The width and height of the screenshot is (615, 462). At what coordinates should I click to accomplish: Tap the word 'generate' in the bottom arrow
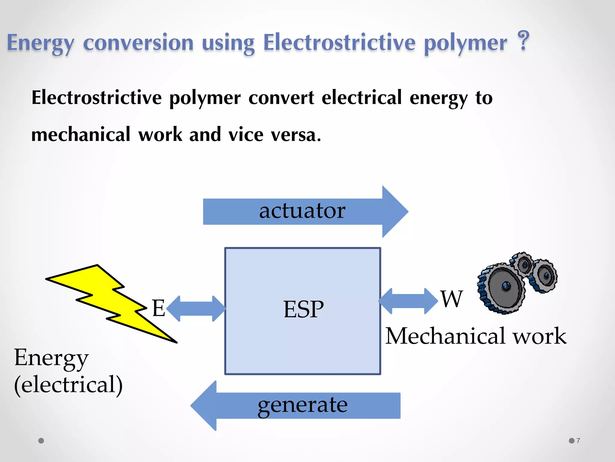(302, 405)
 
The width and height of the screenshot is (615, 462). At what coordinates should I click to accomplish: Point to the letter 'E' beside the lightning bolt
(159, 308)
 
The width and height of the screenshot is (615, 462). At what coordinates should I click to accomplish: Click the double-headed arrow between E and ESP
(196, 309)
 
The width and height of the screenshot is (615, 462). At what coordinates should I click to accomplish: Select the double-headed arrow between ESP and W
(408, 301)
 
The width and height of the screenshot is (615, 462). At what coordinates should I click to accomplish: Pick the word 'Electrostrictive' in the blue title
(339, 43)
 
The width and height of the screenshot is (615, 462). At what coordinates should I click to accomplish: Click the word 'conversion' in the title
(138, 43)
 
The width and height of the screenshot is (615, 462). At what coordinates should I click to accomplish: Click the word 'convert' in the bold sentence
(281, 98)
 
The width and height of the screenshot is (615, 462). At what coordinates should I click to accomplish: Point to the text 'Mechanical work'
(476, 336)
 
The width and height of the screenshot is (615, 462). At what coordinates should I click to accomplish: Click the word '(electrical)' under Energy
(68, 385)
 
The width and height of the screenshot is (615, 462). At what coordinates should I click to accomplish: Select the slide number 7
(578, 441)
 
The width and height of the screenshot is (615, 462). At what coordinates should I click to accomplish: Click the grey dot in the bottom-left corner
(41, 441)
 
